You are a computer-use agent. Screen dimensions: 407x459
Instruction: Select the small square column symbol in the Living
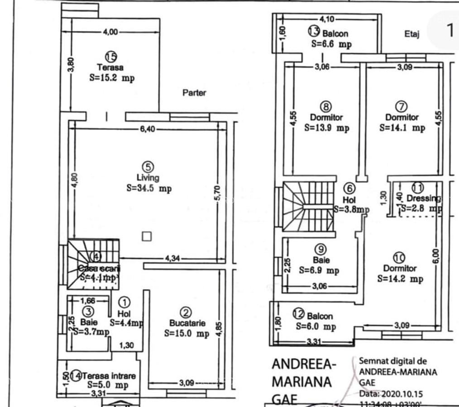click(x=146, y=236)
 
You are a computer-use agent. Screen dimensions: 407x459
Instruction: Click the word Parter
click(x=194, y=93)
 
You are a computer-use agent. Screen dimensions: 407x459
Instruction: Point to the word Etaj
click(x=412, y=33)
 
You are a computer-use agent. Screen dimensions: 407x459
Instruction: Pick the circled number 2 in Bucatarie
click(x=186, y=312)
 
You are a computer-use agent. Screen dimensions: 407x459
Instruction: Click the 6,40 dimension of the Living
click(x=148, y=129)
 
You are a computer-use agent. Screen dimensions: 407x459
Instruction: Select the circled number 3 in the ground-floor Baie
click(x=89, y=311)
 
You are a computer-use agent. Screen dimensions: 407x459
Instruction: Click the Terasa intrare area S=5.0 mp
click(x=108, y=385)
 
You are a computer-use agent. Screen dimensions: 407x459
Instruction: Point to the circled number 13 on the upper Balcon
click(x=314, y=31)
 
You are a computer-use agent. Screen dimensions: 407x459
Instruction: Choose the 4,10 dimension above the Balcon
click(x=327, y=19)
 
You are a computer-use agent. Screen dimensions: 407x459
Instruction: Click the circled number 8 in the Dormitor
click(x=326, y=107)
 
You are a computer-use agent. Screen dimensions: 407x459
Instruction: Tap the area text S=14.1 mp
click(x=402, y=128)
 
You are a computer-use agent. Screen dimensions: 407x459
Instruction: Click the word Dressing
click(x=422, y=198)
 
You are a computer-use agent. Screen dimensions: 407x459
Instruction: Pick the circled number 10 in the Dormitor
click(x=399, y=258)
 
